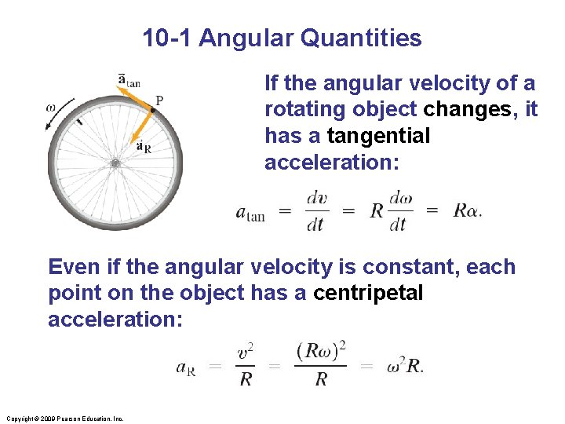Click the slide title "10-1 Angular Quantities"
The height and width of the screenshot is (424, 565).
[282, 38]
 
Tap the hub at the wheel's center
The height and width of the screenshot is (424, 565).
[115, 163]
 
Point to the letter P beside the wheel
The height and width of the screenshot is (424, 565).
[159, 100]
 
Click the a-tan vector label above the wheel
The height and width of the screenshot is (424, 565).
[128, 80]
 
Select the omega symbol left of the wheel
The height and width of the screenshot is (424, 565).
[51, 108]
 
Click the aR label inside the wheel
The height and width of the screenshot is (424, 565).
[144, 148]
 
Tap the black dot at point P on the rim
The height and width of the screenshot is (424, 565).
[152, 111]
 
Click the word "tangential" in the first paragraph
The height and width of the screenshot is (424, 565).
[379, 137]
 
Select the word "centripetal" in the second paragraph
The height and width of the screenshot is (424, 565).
[368, 294]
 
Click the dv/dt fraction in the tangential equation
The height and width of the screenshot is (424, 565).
[317, 210]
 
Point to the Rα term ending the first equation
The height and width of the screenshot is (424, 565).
[468, 210]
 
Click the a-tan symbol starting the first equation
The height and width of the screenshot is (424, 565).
[250, 212]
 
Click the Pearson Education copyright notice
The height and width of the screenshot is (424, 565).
[64, 419]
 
